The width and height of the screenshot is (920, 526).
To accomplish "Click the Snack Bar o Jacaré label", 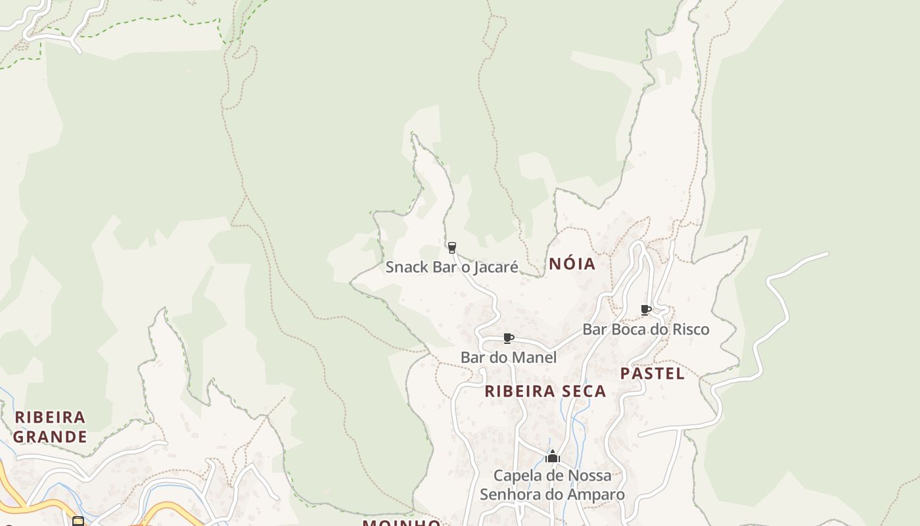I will coord(451,267).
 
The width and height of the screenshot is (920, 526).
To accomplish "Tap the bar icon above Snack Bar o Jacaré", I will coord(451,248).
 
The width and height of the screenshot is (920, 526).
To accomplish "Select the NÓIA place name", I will coord(572,264).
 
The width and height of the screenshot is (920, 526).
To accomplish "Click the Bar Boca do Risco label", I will coord(646,329).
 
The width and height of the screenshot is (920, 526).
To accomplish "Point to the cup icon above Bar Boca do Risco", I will coord(645,310).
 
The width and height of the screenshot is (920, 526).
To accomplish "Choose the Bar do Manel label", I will coord(509,358).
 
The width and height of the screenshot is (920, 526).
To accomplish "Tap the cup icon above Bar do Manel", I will coord(508,339).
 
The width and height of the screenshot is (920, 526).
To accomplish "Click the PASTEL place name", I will coord(653,373).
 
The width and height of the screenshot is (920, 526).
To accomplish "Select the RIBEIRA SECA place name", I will coord(545,391).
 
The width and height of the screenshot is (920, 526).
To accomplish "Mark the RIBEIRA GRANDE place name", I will coord(50,427).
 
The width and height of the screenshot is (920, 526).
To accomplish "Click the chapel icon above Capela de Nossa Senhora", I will coord(553,456).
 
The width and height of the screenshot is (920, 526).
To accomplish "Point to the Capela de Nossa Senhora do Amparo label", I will coord(552,485).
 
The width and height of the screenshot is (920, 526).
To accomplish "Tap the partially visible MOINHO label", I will coord(402,522).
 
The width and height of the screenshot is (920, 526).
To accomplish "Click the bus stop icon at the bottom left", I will coord(78,521).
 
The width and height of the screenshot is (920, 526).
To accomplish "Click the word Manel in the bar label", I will coord(534,358).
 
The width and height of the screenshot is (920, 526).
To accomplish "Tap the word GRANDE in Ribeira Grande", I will coord(50,437).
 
